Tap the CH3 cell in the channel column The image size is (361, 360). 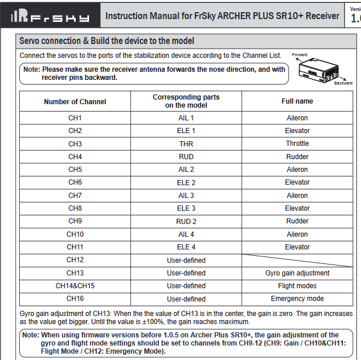click(75, 144)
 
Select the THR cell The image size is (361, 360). click(186, 144)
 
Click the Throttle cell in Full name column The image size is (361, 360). click(297, 144)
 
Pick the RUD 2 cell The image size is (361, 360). click(186, 221)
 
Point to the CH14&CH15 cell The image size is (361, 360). click(75, 286)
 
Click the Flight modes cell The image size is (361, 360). click(297, 286)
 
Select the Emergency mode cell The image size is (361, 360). click(297, 299)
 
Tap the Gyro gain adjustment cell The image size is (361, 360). click(297, 273)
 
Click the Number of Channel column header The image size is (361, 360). click(75, 101)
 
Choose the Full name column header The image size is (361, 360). click(297, 101)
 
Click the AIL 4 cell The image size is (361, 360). click(186, 234)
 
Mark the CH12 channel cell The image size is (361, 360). click(75, 260)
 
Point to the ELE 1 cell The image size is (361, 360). click(186, 131)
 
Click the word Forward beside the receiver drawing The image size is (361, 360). click(300, 55)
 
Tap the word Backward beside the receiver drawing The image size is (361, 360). click(343, 83)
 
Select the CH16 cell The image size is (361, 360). click(75, 299)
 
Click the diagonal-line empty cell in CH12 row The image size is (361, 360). click(297, 260)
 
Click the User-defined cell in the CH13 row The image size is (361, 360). click(186, 273)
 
